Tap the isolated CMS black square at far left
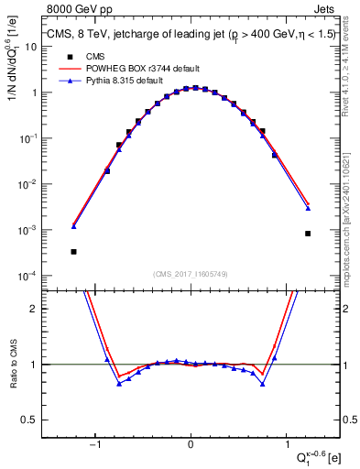click(73, 251)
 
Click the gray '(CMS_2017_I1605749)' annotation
click(191, 274)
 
